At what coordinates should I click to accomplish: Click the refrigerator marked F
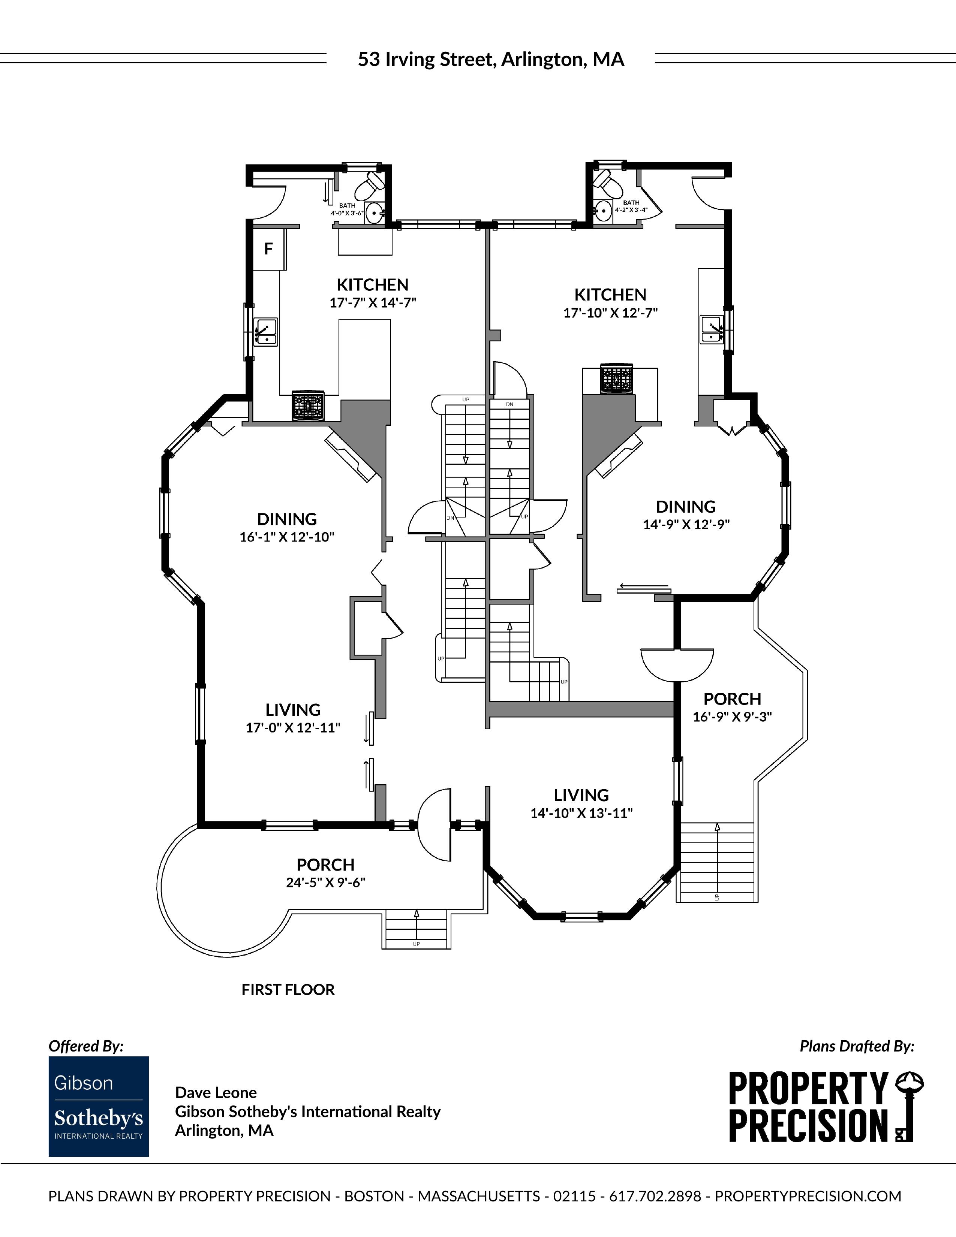coord(268,249)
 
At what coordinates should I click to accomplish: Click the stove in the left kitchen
coord(308,405)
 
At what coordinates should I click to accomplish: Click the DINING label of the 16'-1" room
coord(287,519)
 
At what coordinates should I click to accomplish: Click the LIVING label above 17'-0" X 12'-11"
coord(293,710)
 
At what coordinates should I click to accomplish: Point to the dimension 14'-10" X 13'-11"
coord(581,813)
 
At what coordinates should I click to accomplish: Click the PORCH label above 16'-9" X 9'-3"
coord(732,699)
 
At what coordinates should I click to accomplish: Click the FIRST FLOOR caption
coord(288,989)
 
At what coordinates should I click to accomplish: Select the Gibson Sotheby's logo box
coord(99,1106)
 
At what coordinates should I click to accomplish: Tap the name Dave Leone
coord(216,1093)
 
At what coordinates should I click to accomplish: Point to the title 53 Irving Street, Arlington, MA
coord(491,60)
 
